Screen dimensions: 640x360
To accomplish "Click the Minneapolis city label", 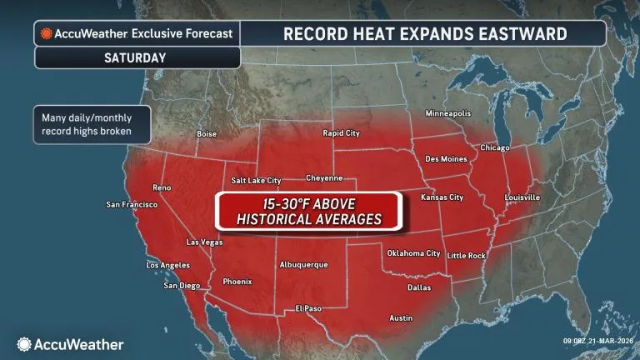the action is point(447,112).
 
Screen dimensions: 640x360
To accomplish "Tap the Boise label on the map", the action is point(206,133).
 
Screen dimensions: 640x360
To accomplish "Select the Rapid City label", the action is point(341,132).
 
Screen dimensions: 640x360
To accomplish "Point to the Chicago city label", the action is point(494,147).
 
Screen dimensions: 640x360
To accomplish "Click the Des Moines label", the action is point(444,158).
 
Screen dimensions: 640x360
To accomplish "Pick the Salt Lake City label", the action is point(256,180).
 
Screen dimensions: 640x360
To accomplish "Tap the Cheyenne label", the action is point(324,177).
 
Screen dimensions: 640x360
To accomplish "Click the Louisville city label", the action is point(522,197).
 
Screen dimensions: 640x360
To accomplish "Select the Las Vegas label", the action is point(203,242).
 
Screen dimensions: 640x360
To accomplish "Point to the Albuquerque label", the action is point(302,265).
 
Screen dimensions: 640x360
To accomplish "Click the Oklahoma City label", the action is point(413,252).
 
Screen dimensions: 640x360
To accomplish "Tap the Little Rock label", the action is point(466,255).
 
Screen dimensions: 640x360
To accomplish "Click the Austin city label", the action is point(401,317).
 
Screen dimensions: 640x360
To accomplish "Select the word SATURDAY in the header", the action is point(135,57).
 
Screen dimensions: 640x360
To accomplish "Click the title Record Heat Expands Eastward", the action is point(425,33).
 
